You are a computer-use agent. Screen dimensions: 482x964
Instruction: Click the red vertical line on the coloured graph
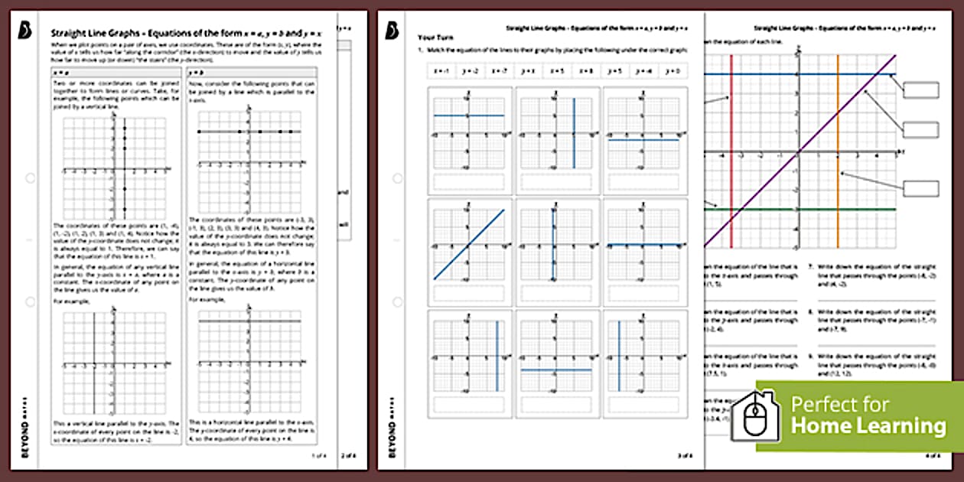pos(731,153)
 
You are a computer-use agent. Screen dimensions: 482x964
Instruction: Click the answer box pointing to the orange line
pos(920,188)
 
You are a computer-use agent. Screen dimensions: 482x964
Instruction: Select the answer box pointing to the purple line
pos(920,129)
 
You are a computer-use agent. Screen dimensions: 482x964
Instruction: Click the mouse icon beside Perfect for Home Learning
pos(755,416)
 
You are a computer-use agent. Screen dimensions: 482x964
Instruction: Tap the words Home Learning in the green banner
pos(868,425)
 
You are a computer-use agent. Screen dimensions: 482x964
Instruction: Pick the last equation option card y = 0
pos(672,70)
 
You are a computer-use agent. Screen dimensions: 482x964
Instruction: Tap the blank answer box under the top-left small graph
pos(469,181)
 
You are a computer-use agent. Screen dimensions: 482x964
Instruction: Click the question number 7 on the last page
pos(809,268)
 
